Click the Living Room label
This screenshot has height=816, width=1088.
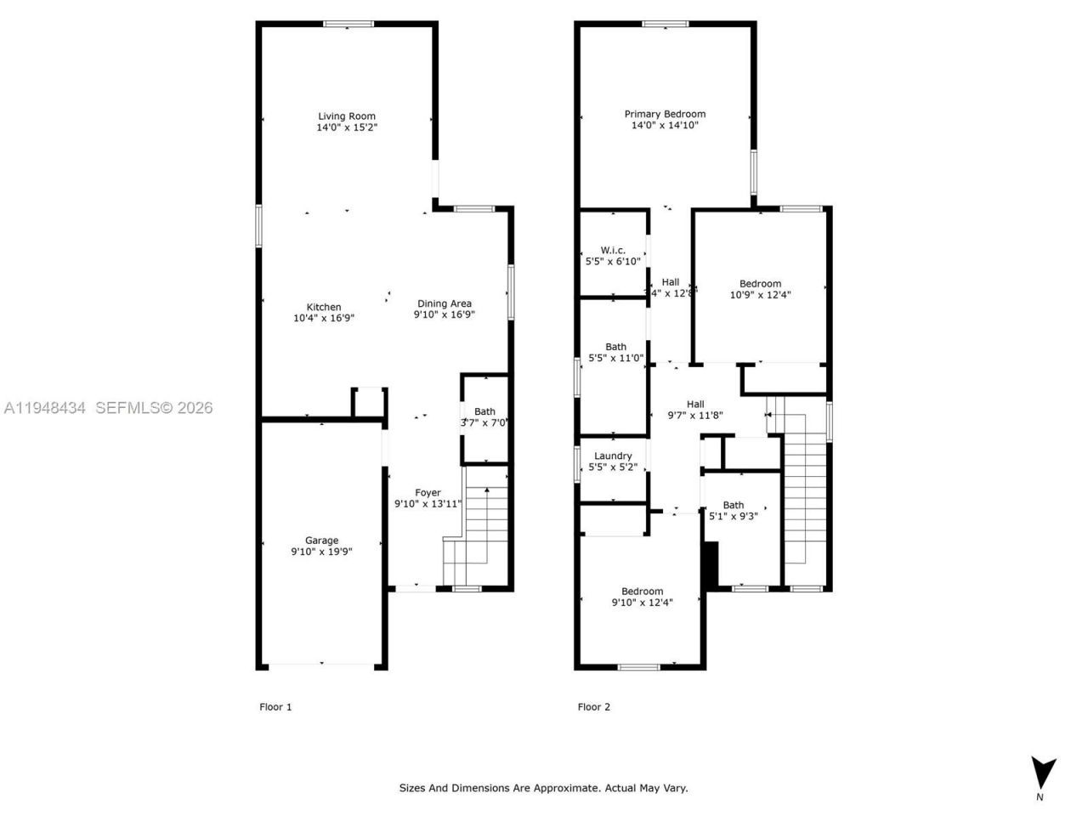coord(347,116)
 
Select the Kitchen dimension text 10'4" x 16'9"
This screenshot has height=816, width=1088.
coord(323,319)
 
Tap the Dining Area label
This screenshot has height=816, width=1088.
coord(444,303)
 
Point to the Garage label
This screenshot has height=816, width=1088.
coord(321,540)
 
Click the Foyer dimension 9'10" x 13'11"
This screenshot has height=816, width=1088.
coord(428,504)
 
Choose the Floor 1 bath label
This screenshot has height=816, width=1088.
coord(484,412)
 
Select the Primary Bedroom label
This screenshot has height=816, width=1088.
coord(665,114)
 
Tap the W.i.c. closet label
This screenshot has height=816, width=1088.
coord(613,250)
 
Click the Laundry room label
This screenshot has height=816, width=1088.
coord(613,456)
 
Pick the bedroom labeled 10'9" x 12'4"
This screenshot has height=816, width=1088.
coord(760,290)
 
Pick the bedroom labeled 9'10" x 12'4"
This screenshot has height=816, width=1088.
coord(642,598)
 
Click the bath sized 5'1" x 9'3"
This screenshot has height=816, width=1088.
coord(733,510)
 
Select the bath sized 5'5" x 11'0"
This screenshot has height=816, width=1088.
coord(615,353)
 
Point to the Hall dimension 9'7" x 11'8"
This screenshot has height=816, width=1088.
coord(695,416)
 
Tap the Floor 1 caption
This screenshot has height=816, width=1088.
coord(275,706)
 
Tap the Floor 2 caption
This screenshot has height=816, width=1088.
coord(594,706)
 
